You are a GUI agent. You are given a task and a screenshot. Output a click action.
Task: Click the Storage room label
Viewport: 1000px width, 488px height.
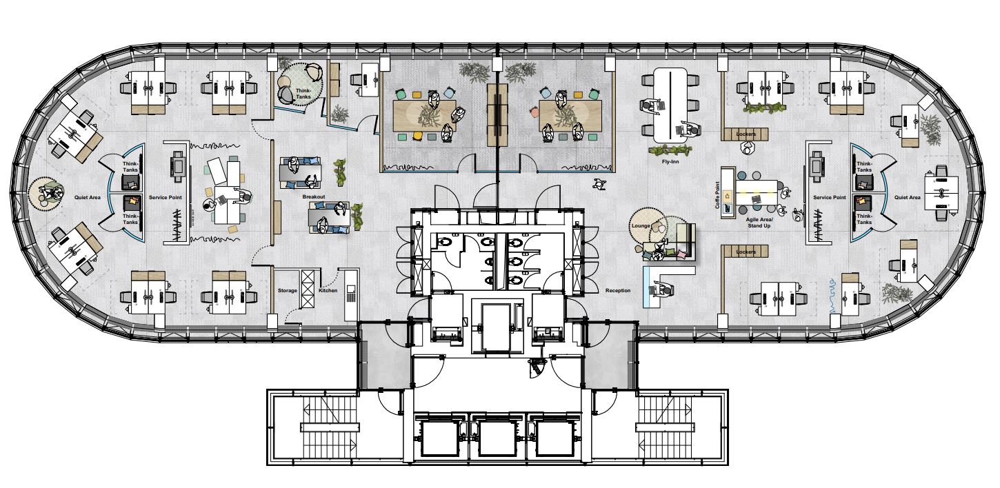pyautogui.click(x=287, y=290)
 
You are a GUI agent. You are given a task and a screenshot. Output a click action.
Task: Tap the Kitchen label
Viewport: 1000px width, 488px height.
pyautogui.click(x=328, y=290)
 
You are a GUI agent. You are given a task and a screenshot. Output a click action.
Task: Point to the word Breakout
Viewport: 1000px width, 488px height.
pyautogui.click(x=313, y=196)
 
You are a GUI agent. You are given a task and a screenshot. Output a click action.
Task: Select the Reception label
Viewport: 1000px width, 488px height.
pyautogui.click(x=618, y=290)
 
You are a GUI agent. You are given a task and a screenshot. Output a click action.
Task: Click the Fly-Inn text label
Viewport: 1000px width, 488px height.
pyautogui.click(x=670, y=161)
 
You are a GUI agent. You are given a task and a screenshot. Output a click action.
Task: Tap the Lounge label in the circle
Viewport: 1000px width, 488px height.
pyautogui.click(x=641, y=225)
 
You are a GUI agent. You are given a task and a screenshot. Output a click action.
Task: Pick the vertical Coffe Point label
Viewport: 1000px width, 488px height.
pyautogui.click(x=717, y=195)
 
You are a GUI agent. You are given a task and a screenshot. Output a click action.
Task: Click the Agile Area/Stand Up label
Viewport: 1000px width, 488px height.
pyautogui.click(x=759, y=223)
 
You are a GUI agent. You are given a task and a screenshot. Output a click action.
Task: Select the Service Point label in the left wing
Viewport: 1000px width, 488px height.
pyautogui.click(x=166, y=197)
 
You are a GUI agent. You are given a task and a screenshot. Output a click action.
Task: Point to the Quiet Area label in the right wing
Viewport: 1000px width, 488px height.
pyautogui.click(x=907, y=197)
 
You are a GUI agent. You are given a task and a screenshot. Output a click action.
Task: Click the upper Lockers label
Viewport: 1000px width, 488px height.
pyautogui.click(x=746, y=134)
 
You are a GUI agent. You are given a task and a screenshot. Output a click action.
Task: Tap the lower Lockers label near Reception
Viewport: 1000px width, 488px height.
pyautogui.click(x=746, y=252)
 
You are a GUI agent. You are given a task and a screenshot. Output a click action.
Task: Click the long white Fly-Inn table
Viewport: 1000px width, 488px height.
pyautogui.click(x=670, y=105)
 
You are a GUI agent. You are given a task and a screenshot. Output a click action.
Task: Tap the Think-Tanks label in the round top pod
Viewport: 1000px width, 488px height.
pyautogui.click(x=303, y=94)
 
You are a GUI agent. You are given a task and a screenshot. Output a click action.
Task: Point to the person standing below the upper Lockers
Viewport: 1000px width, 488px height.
pyautogui.click(x=746, y=147)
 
